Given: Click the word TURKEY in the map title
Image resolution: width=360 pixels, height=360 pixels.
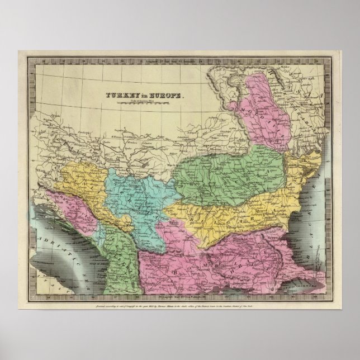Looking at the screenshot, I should pos(115,96).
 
